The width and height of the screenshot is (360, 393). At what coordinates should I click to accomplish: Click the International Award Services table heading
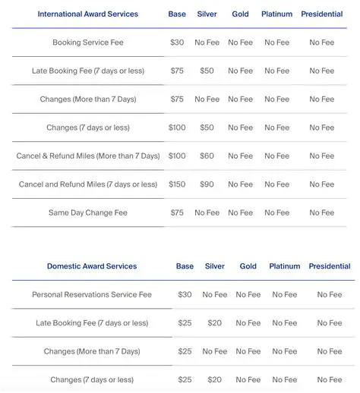(87, 14)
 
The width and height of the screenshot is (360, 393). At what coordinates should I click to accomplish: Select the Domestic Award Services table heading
(92, 266)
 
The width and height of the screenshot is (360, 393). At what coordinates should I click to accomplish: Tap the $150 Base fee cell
(177, 184)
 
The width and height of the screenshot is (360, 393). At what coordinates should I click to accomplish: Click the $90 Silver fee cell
(207, 184)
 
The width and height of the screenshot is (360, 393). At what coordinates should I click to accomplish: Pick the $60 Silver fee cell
(207, 156)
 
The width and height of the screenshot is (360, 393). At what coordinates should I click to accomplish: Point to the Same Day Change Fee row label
(88, 213)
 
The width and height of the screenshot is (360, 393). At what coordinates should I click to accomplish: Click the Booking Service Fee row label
(88, 42)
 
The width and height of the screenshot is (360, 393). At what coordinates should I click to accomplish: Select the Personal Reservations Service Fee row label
(92, 294)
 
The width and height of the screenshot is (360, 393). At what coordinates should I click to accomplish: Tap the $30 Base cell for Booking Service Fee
(177, 42)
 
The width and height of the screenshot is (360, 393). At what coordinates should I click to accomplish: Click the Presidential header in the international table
(321, 14)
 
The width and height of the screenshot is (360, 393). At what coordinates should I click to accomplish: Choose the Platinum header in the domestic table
(285, 266)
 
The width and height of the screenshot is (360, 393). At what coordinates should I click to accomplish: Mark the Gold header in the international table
(241, 14)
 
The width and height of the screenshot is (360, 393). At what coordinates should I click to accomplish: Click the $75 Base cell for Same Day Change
(177, 213)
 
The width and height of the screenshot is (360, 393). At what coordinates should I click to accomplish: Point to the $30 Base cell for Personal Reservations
(185, 294)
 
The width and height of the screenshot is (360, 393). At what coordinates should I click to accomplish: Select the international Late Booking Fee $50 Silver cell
(207, 71)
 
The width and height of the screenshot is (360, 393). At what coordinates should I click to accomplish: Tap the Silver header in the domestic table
(215, 266)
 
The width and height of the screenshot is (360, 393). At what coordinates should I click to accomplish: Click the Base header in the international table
(177, 14)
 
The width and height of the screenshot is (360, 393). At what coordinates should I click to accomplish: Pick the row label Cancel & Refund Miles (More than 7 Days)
(88, 156)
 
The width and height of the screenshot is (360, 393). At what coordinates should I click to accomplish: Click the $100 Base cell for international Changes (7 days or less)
(177, 127)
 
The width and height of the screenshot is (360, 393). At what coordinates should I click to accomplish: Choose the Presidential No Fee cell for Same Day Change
(321, 213)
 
